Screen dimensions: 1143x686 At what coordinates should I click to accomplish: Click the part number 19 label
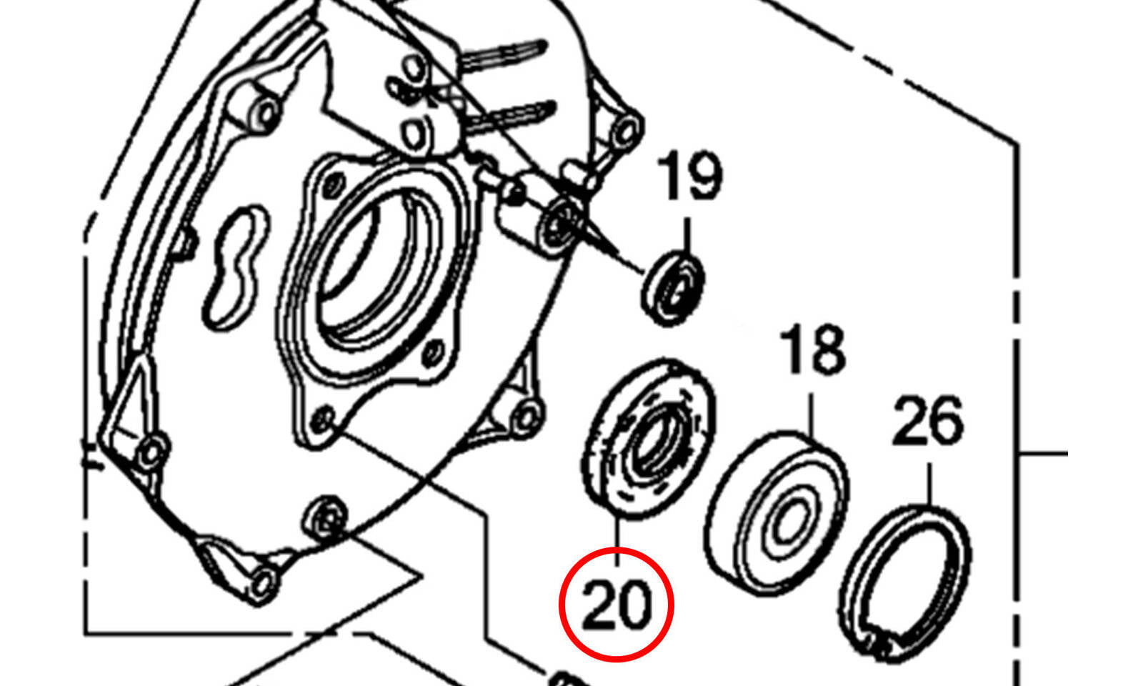(x=690, y=175)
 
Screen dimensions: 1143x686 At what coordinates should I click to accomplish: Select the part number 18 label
(x=814, y=350)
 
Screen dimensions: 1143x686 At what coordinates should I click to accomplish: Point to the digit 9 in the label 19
(x=706, y=175)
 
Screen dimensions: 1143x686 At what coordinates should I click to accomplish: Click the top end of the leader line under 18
(x=812, y=394)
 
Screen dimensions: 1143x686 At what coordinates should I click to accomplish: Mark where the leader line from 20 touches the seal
(x=617, y=519)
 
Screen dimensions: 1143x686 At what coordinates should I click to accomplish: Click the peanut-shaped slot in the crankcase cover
(x=236, y=267)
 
